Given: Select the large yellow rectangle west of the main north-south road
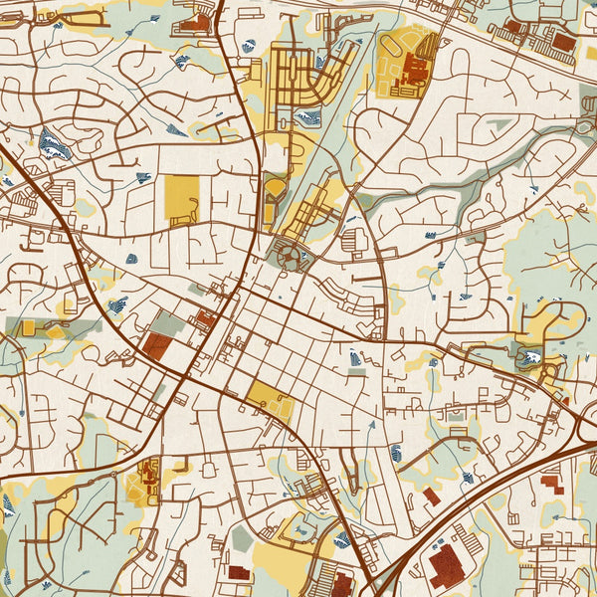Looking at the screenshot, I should [181, 199].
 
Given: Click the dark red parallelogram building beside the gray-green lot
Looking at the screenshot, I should [156, 344].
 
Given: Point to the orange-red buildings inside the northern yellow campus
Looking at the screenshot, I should [413, 71].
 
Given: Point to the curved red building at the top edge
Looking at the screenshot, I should [194, 20].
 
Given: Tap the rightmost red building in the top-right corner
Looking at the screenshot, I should [563, 42].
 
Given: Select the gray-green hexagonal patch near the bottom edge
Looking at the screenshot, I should [242, 538].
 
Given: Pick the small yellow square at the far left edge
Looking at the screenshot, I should [28, 327].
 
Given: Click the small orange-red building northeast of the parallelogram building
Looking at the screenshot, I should [206, 319].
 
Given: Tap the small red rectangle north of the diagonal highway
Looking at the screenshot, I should [430, 495].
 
